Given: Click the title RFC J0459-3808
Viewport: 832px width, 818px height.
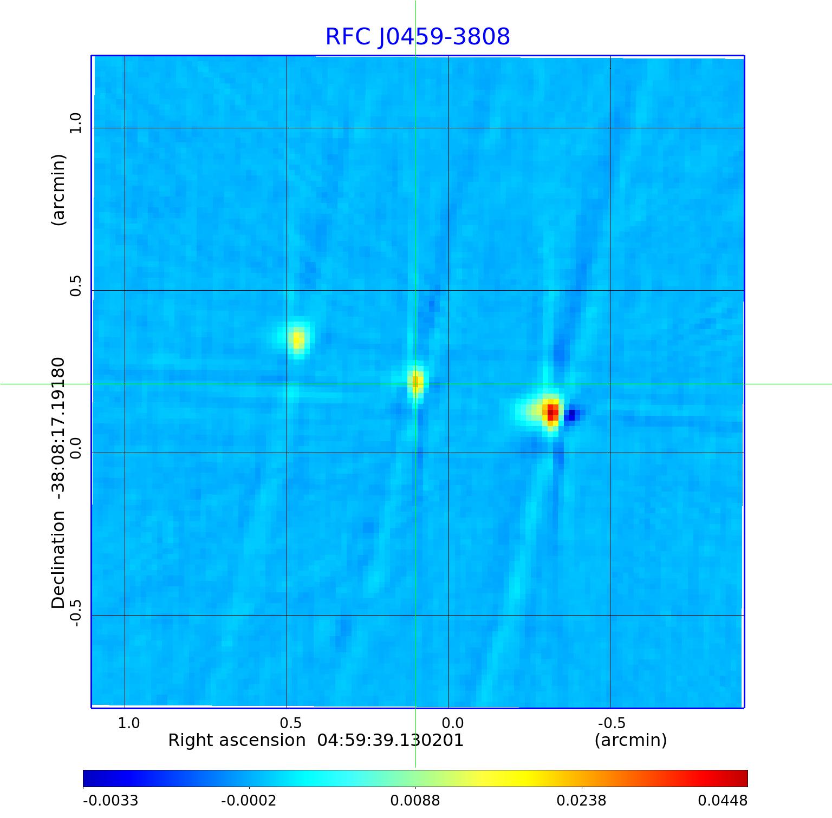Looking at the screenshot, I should click(418, 37).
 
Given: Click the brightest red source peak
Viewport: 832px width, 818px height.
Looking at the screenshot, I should click(552, 411).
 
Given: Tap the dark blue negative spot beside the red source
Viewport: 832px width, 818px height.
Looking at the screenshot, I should click(572, 415).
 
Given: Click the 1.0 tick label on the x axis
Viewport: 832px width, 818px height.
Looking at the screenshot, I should click(129, 723).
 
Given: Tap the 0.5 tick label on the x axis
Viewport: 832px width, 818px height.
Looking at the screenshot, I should click(290, 723).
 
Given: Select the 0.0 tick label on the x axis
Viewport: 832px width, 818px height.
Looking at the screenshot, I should click(452, 723).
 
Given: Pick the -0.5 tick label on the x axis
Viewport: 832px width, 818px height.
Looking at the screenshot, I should click(611, 723).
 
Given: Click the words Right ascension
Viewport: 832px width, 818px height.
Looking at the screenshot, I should click(237, 741).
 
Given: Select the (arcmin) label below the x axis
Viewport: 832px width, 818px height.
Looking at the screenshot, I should click(630, 741).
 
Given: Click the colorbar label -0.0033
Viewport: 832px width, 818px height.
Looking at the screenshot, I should click(110, 801).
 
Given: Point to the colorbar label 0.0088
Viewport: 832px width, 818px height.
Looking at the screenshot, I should click(415, 801).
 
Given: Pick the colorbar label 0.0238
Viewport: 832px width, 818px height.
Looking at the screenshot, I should click(581, 801).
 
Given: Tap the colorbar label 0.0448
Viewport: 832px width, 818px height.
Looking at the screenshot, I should click(722, 801).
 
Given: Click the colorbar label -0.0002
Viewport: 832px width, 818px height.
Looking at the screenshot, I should click(249, 801).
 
